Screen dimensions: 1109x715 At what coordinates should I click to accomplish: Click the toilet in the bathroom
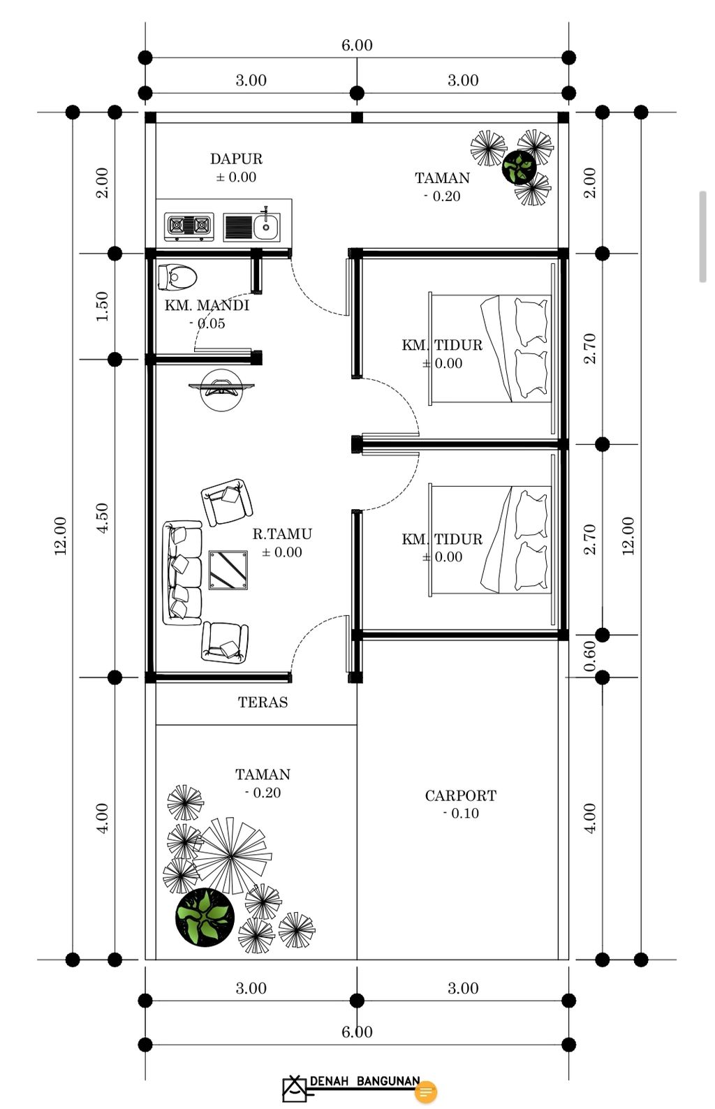(x=177, y=277)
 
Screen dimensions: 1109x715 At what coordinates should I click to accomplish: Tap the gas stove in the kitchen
(x=189, y=226)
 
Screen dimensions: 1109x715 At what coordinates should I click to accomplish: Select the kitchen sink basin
(x=265, y=226)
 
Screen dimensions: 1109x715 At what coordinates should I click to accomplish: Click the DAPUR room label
(x=236, y=159)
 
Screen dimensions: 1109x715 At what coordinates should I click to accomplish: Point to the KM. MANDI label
(x=207, y=305)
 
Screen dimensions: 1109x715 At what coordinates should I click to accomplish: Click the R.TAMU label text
(x=282, y=534)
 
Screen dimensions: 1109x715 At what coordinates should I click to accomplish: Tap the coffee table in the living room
(x=228, y=570)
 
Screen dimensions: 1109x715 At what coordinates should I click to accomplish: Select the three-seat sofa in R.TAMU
(x=182, y=572)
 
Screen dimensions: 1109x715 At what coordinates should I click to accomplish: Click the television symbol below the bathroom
(x=221, y=388)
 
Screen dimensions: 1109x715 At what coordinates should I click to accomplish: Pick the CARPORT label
(x=461, y=795)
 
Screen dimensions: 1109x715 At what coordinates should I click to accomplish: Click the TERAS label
(x=263, y=703)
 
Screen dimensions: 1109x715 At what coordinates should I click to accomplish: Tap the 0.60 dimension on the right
(x=590, y=656)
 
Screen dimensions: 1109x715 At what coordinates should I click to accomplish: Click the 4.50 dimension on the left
(x=102, y=518)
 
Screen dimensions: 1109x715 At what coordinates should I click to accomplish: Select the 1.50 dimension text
(x=102, y=307)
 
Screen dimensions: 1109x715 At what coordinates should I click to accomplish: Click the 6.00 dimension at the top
(x=357, y=45)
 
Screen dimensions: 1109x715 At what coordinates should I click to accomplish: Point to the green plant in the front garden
(x=204, y=917)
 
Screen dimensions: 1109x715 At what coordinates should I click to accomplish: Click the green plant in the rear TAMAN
(x=519, y=168)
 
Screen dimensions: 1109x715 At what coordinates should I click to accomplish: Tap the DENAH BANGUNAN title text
(x=364, y=1081)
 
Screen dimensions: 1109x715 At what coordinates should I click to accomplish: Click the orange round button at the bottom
(x=426, y=1092)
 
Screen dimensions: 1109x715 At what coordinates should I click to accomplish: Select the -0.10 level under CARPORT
(x=461, y=814)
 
